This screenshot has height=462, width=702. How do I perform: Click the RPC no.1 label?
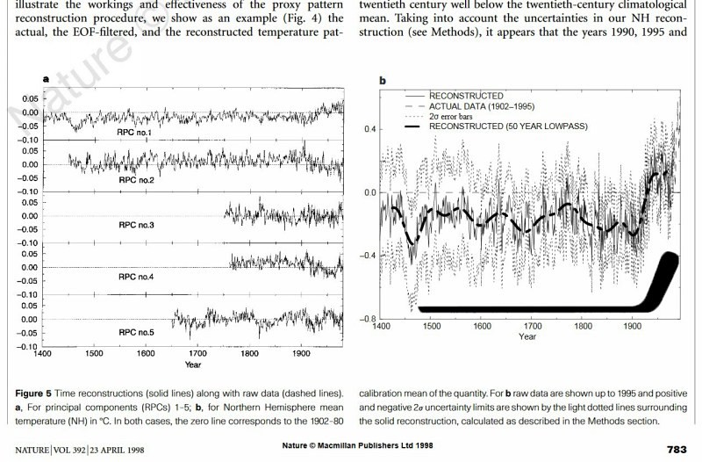pos(136,133)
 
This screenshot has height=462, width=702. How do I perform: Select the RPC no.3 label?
pos(136,225)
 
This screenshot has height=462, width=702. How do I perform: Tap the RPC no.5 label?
pos(136,333)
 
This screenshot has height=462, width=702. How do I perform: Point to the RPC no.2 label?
pos(136,179)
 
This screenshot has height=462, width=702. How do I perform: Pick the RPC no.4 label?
pos(136,277)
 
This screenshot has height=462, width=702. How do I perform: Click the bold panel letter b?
pos(383,81)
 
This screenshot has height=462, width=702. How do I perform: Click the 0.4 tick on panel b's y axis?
pos(370,129)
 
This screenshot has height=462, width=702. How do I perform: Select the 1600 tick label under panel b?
pos(483,326)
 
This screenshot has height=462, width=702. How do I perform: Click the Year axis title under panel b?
pos(527,336)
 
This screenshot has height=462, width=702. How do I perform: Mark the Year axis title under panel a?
pos(193,365)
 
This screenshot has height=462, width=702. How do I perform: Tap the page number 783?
pos(677,449)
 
